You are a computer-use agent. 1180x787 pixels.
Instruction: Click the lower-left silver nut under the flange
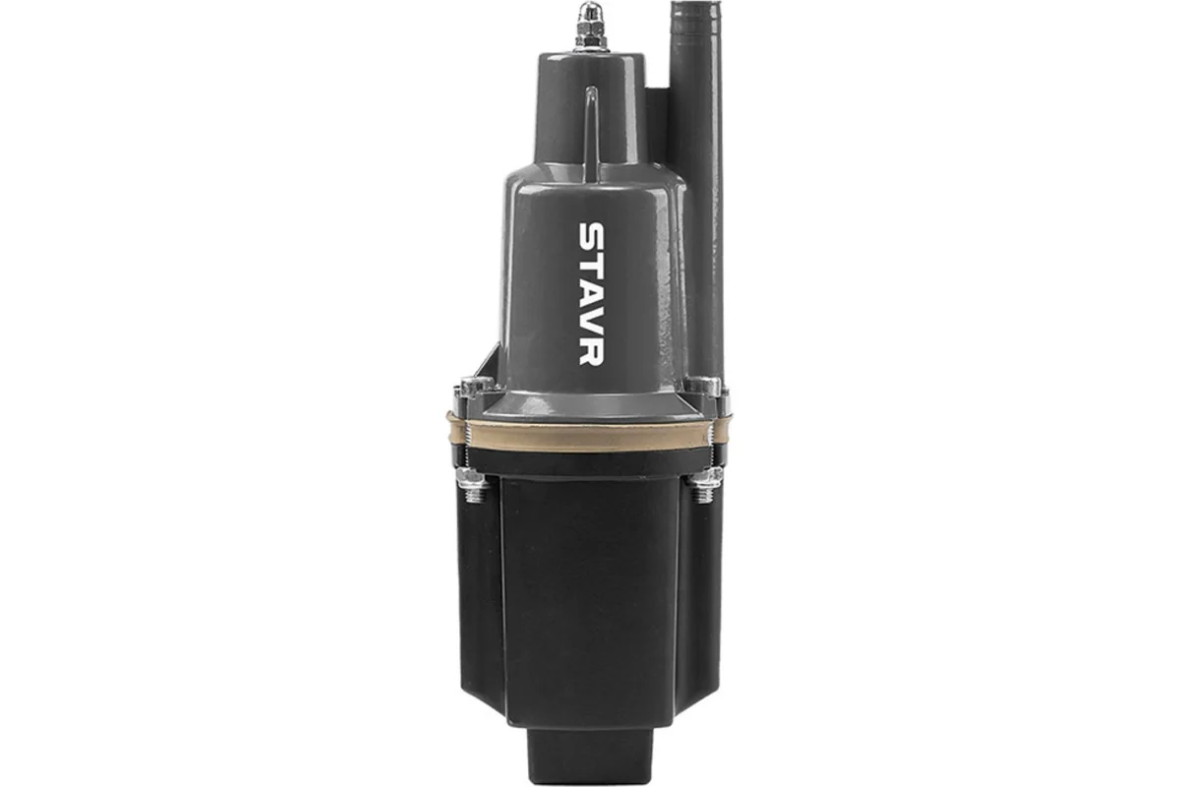point(471,483)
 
